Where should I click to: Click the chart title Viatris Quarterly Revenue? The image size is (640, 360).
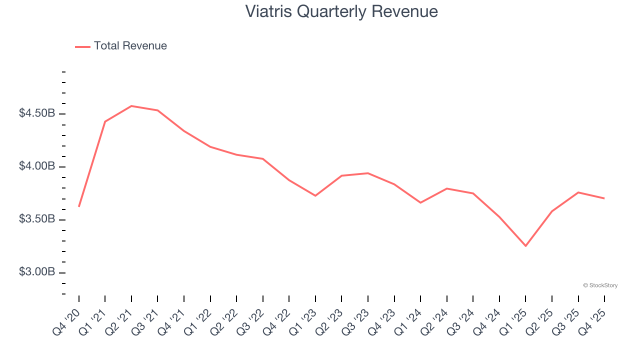coord(341,11)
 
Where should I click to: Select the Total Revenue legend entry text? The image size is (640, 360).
coord(130,46)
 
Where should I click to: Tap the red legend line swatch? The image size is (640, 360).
coord(82,46)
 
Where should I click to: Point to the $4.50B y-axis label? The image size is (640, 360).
coord(37,113)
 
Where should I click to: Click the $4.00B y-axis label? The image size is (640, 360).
coord(37,166)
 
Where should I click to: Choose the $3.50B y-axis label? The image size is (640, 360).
coord(37,219)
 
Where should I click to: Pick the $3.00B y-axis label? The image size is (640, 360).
coord(37,272)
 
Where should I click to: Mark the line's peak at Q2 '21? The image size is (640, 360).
coord(131,106)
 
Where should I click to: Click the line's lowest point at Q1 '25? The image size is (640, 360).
coord(525,246)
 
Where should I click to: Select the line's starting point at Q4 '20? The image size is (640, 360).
coord(79,206)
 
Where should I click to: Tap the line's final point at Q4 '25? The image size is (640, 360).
coord(604,198)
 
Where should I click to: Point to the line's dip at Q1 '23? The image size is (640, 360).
coord(315,195)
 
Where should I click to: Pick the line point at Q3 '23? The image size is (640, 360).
coord(368,173)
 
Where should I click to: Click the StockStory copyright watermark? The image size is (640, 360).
coord(600,285)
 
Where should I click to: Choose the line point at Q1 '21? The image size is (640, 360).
coord(105,121)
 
